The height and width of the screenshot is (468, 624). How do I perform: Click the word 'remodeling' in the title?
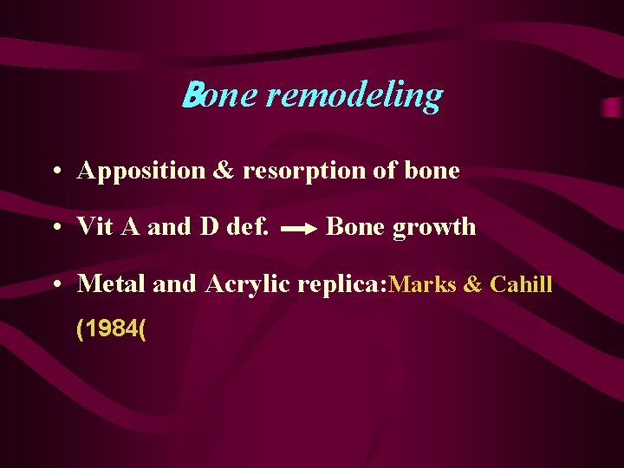(x=354, y=95)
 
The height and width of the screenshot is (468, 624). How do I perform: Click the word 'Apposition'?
(x=140, y=171)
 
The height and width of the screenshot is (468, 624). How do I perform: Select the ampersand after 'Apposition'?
(x=224, y=171)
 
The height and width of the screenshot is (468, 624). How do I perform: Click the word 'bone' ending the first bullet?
(x=432, y=171)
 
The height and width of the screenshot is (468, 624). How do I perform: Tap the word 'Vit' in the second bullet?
(x=93, y=227)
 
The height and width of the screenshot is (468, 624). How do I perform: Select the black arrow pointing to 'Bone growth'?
(x=300, y=230)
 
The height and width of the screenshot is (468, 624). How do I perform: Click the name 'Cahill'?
(x=521, y=284)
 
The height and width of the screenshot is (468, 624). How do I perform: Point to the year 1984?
(x=110, y=329)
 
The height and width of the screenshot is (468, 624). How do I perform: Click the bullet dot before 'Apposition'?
(x=55, y=172)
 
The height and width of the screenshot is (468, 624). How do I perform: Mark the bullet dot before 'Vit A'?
(x=55, y=228)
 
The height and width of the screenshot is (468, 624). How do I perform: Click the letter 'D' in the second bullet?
(x=209, y=227)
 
